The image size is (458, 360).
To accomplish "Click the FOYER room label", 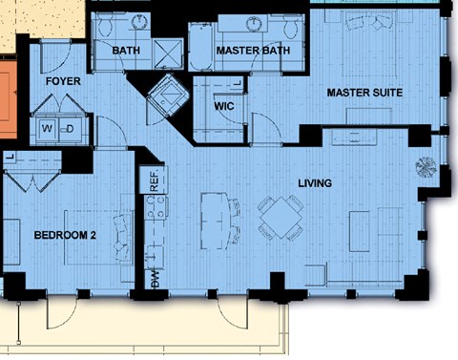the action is pyautogui.click(x=63, y=81).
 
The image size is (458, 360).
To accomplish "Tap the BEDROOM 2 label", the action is pyautogui.click(x=65, y=236).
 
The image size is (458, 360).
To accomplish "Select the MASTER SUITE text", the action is pyautogui.click(x=364, y=93).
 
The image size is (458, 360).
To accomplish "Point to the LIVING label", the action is pyautogui.click(x=315, y=183).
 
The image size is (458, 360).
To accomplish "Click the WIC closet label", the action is pyautogui.click(x=224, y=106).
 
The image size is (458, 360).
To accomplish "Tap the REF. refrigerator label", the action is pyautogui.click(x=154, y=181).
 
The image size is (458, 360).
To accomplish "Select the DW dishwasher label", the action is pyautogui.click(x=155, y=280).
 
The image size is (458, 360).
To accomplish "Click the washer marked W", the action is pyautogui.click(x=47, y=129).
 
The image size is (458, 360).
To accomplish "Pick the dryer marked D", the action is pyautogui.click(x=70, y=129).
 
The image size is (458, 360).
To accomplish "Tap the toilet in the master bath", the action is pyautogui.click(x=290, y=27).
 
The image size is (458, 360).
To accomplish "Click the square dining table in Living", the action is pyautogui.click(x=281, y=218).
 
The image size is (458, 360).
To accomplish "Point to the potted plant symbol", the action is pyautogui.click(x=426, y=167).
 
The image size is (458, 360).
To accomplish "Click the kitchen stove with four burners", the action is pyautogui.click(x=156, y=207).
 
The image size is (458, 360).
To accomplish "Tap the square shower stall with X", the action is pyautogui.click(x=168, y=53).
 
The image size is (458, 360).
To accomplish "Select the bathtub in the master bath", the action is pyautogui.click(x=200, y=47).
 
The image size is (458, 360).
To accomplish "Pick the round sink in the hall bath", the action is pyautogui.click(x=139, y=20).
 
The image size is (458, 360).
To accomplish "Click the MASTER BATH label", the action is pyautogui.click(x=253, y=51).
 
